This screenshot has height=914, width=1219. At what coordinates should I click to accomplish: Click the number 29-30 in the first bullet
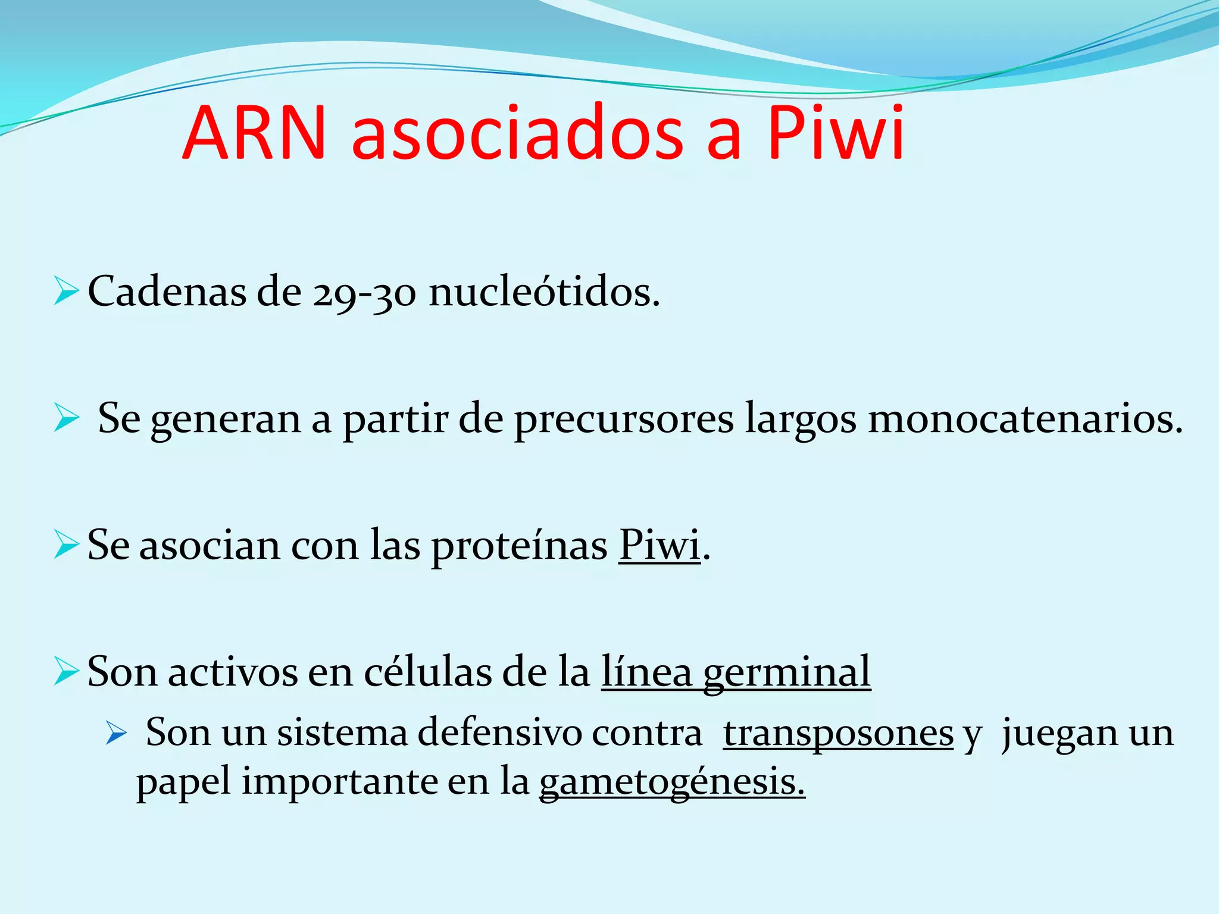364,293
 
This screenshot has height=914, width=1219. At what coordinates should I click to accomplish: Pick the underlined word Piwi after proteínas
659,545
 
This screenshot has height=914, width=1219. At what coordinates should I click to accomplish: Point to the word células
427,672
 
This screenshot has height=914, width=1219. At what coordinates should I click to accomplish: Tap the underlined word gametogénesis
671,783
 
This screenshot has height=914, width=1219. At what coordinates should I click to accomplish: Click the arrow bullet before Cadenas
66,291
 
